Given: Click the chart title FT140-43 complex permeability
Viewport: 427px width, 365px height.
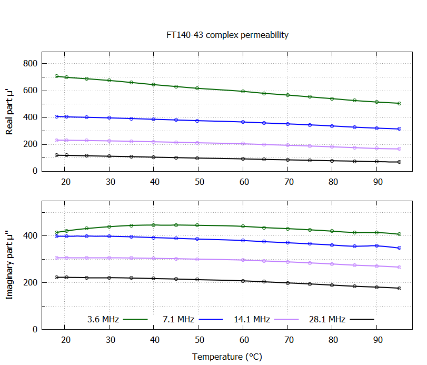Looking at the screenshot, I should click(227, 35).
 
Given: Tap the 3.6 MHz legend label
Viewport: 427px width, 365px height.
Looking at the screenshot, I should click(103, 319).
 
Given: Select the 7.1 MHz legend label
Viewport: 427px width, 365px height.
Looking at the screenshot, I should click(178, 319).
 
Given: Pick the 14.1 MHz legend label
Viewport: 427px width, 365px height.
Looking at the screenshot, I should click(252, 319).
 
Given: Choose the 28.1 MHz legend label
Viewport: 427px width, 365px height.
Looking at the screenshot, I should click(327, 319).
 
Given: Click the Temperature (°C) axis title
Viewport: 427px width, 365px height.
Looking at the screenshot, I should click(227, 357).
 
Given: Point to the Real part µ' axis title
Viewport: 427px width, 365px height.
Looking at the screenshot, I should click(9, 112).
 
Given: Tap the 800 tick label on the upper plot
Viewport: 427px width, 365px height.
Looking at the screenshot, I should click(31, 64).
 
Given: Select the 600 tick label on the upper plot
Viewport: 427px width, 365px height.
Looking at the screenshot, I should click(31, 91).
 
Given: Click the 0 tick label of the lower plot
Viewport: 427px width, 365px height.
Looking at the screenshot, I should click(35, 330).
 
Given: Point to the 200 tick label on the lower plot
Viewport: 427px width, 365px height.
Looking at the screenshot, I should click(31, 283).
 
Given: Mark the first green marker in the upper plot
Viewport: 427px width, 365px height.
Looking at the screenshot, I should click(57, 76).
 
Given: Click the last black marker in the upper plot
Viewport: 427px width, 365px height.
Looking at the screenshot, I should click(399, 162).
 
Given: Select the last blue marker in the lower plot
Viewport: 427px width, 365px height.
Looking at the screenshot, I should click(399, 248).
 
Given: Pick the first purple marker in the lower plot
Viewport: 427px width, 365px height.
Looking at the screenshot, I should click(57, 258).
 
